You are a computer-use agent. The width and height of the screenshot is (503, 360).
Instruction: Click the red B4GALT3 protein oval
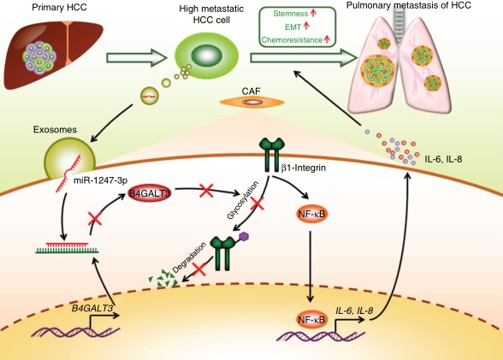[150, 193]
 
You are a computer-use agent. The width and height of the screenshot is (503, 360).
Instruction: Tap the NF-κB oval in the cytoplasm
[311, 214]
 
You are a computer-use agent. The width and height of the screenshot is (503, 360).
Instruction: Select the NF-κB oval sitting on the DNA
[311, 319]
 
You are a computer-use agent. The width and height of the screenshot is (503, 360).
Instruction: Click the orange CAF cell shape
[251, 103]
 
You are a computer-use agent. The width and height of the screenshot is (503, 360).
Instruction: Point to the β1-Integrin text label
[304, 168]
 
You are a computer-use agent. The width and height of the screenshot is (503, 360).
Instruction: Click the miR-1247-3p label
[100, 180]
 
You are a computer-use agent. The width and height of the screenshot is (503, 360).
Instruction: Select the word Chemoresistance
[292, 40]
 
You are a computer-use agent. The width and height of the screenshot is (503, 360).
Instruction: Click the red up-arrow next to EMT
[306, 26]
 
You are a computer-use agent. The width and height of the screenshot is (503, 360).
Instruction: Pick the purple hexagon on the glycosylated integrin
[245, 237]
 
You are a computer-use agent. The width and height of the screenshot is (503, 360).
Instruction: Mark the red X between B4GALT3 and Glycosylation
[207, 191]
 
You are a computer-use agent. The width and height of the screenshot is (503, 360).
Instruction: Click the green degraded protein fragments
[163, 278]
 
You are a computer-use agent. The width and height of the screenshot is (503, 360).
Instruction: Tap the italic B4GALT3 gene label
[92, 308]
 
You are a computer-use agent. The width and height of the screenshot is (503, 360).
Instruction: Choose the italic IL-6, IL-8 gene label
[354, 310]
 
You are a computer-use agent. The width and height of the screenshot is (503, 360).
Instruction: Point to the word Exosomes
[55, 129]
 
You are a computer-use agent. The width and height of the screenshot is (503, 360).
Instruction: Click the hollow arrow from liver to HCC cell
[137, 58]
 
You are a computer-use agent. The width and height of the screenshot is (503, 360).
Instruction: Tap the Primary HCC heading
[59, 7]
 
